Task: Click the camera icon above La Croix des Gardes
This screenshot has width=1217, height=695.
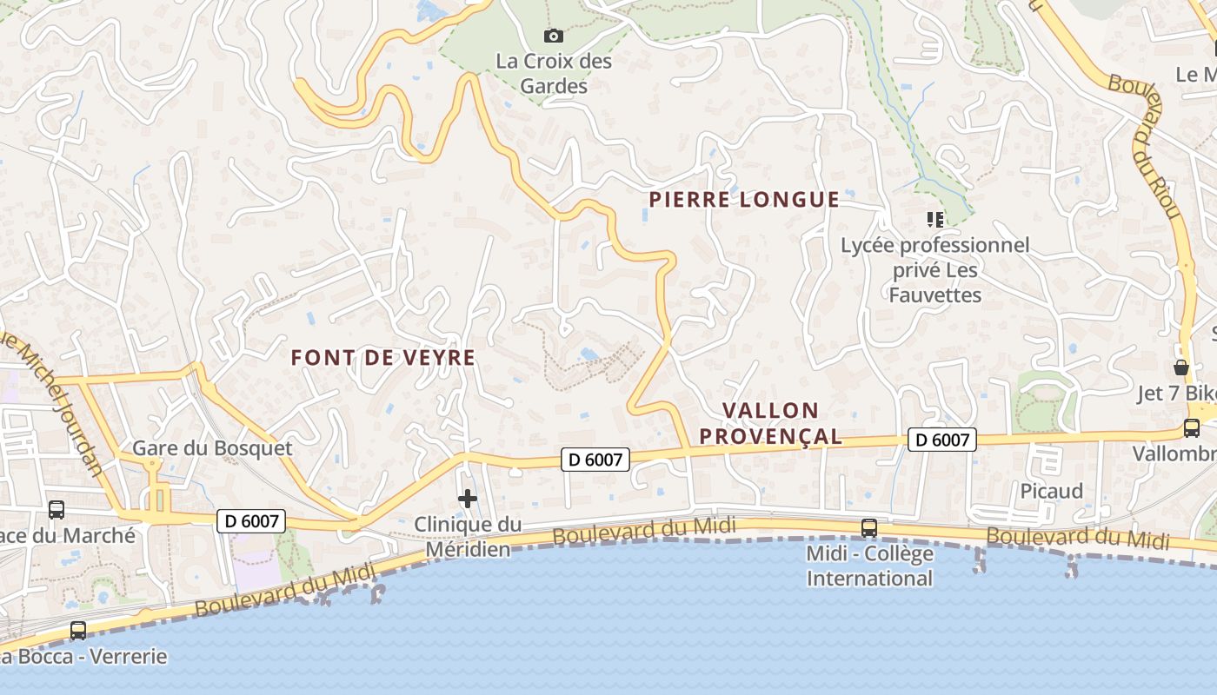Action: [553, 36]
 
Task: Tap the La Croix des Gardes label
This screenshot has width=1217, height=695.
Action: [554, 74]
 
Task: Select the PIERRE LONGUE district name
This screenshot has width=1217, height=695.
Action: [744, 200]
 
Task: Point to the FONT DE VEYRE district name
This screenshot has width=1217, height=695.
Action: [383, 357]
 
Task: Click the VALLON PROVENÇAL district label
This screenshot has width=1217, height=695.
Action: [771, 423]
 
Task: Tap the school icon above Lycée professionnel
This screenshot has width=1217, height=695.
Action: [934, 219]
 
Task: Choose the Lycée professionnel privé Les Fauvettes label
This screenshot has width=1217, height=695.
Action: [934, 270]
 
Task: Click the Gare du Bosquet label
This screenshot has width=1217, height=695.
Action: [212, 448]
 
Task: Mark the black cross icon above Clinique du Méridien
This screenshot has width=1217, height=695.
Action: [468, 499]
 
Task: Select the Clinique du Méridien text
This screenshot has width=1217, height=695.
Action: [468, 537]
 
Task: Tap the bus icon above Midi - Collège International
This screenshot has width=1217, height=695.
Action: [868, 527]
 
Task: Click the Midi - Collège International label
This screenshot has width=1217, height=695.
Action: [869, 566]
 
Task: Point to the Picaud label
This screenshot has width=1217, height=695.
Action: [1051, 491]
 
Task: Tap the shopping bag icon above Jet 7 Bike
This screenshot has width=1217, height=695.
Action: [1180, 367]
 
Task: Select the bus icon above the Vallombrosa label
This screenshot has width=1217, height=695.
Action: [1191, 427]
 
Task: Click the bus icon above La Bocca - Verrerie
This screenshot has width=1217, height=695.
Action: [78, 630]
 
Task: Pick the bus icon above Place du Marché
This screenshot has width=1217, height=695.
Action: [57, 510]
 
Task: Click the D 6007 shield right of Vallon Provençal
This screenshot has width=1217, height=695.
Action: [942, 440]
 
